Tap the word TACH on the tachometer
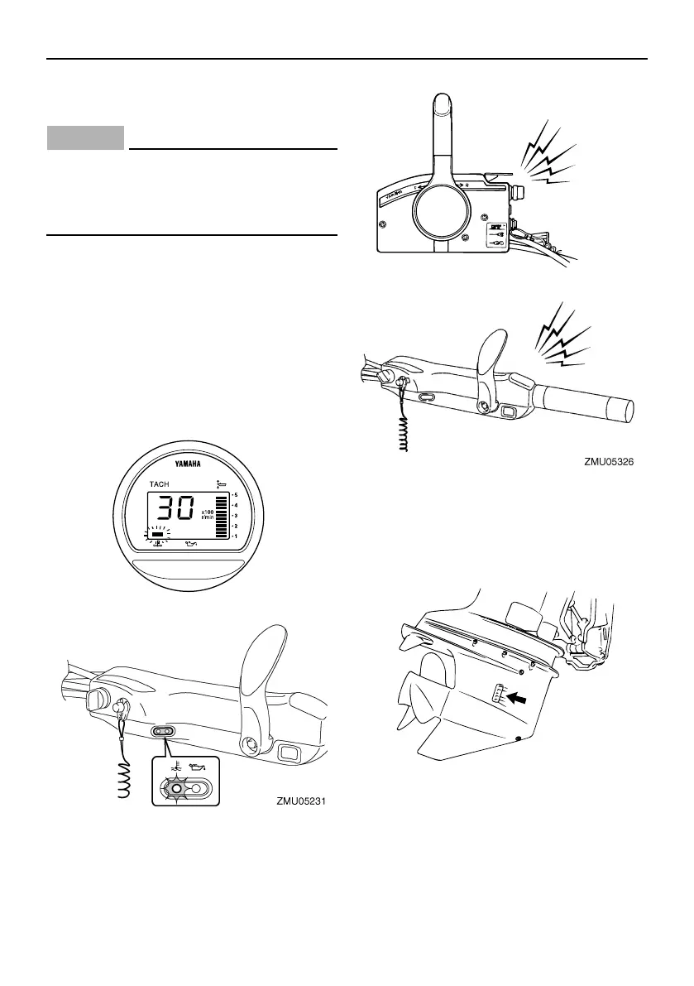tap(160, 483)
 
